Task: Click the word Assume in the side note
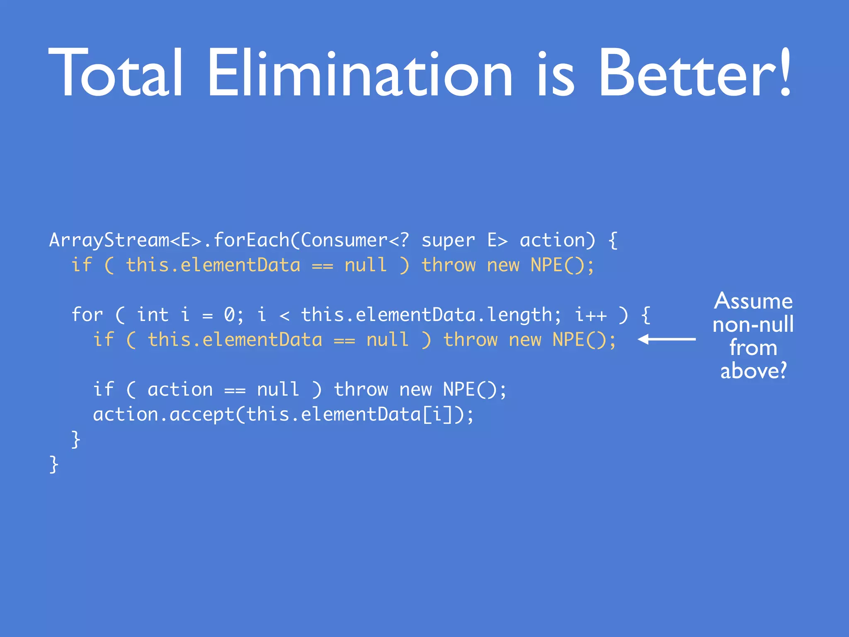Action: point(753,301)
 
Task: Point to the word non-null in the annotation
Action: point(753,325)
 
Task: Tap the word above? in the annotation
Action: point(753,371)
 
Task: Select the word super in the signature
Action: point(448,241)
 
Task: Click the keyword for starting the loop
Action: point(87,315)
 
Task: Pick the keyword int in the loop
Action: point(153,315)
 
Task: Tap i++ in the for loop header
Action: point(590,315)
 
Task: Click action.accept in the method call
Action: point(164,414)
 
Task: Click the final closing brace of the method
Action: point(54,464)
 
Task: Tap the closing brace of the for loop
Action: point(76,439)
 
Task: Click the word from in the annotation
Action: point(753,348)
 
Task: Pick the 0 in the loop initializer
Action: point(229,315)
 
